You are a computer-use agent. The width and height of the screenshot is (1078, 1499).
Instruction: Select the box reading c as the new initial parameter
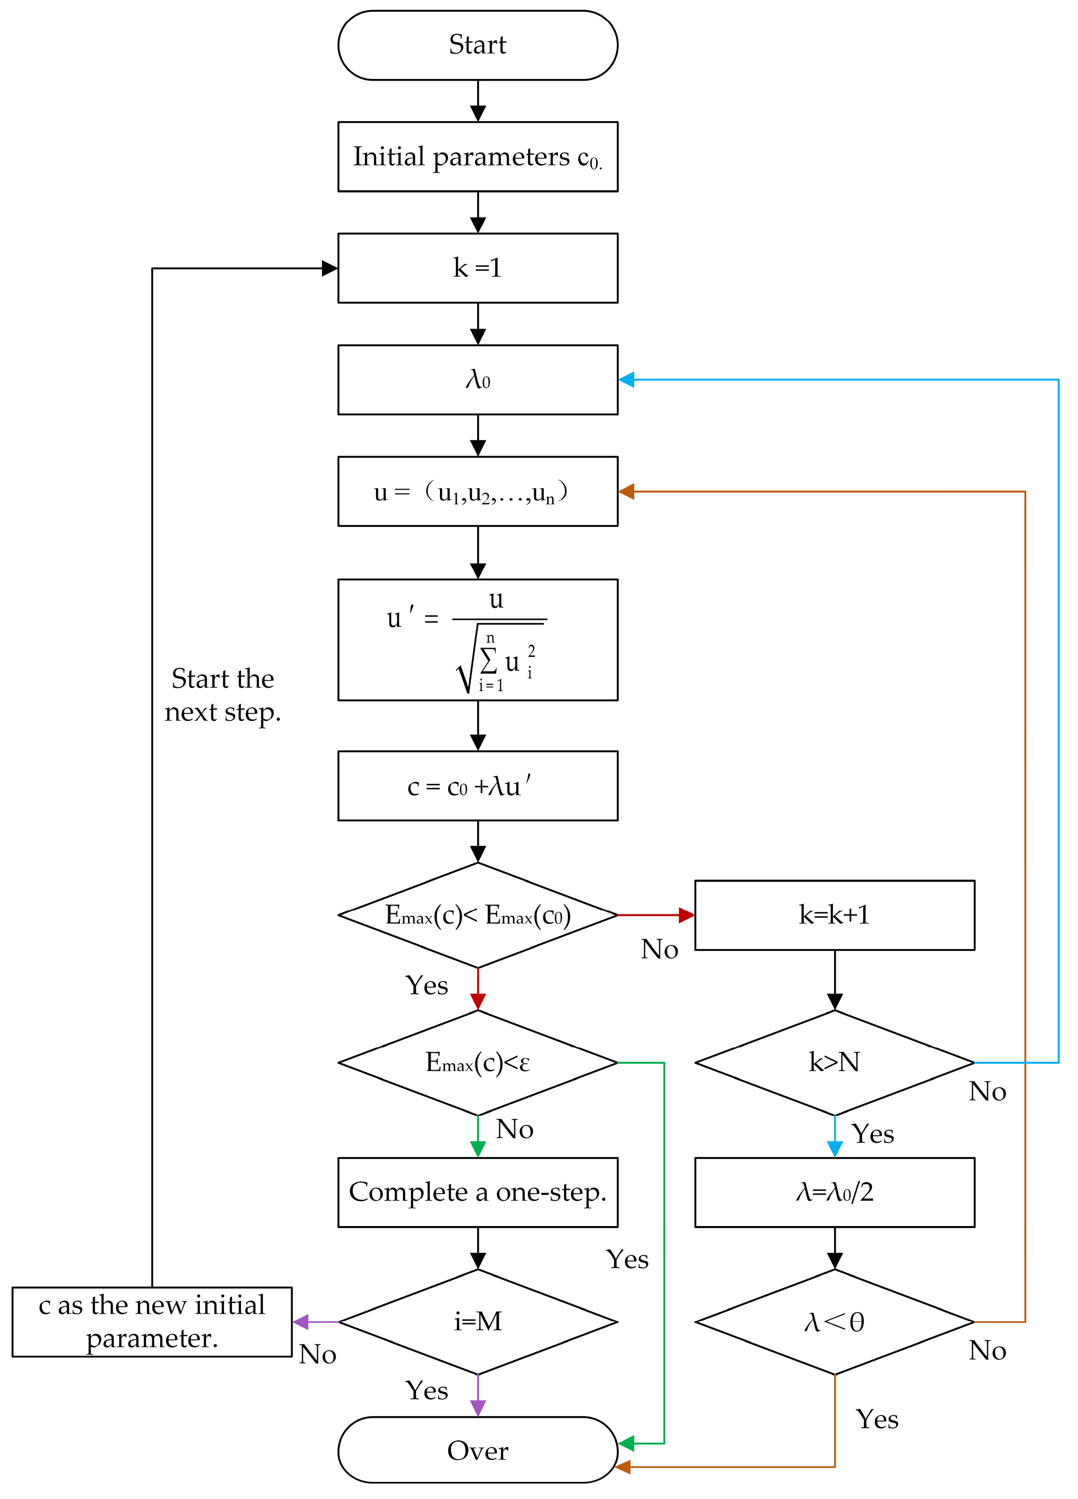click(152, 1322)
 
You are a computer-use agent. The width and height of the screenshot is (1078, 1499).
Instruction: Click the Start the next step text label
click(223, 695)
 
